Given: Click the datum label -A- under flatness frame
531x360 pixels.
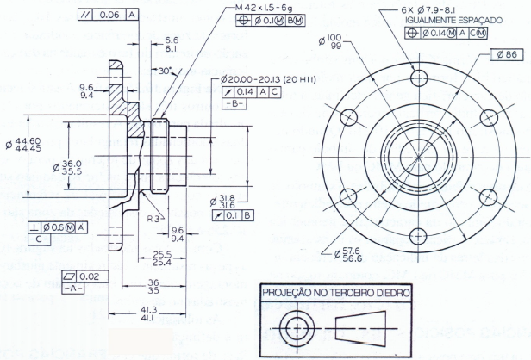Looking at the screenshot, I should pyautogui.click(x=73, y=287).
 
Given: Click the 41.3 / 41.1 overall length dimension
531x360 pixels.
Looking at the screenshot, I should pyautogui.click(x=147, y=313).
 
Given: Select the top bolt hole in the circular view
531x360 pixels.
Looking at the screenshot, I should pyautogui.click(x=419, y=78).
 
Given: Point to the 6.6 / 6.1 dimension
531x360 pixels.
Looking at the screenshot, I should pyautogui.click(x=171, y=45).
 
